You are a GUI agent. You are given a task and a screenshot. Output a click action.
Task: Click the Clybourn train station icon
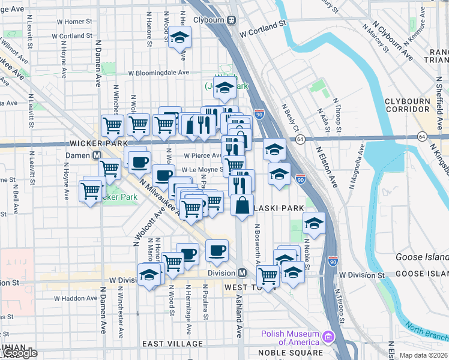click(231, 19)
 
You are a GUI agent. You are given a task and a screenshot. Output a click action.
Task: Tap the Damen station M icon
click(96, 155)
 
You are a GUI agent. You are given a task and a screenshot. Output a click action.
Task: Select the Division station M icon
click(241, 272)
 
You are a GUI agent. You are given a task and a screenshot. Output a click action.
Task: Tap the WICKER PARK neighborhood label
click(98, 144)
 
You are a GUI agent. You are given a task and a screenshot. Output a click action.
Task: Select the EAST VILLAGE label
click(172, 344)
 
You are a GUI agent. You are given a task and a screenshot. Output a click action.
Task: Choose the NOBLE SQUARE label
click(282, 353)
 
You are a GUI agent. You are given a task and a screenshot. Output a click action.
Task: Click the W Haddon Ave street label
click(73, 298)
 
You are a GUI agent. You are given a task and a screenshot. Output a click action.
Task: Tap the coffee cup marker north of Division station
click(217, 251)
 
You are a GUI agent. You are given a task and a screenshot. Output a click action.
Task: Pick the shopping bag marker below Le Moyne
click(242, 206)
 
